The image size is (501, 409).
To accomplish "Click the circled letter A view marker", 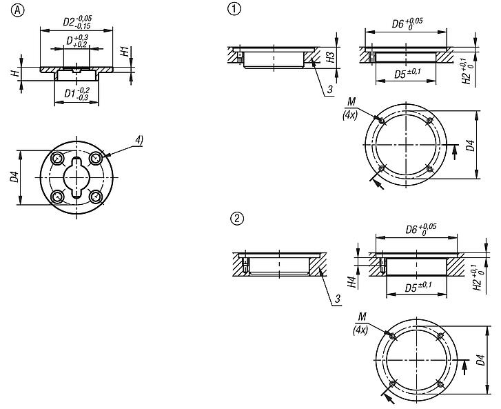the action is (x=18, y=10).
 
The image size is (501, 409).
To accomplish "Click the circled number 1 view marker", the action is (x=234, y=9).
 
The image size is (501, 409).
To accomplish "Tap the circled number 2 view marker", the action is (x=237, y=219).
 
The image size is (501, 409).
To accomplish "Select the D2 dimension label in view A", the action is (x=77, y=22).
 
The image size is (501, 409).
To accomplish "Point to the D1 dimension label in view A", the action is (x=77, y=94).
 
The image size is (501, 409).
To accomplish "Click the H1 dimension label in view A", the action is (x=125, y=52).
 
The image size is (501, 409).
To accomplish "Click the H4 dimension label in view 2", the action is (x=351, y=282).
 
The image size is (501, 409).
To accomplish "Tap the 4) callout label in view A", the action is (x=139, y=140).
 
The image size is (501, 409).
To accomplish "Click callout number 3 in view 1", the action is (x=329, y=89).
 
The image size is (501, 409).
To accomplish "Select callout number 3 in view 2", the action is (x=338, y=299).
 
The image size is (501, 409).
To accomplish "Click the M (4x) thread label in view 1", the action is (x=351, y=108).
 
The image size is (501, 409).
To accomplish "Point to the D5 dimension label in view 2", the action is (x=418, y=287).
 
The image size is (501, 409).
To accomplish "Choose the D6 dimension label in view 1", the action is (x=407, y=24).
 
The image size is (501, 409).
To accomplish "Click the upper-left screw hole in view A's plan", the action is (x=58, y=158).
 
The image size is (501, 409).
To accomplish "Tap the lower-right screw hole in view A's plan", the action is (x=95, y=197).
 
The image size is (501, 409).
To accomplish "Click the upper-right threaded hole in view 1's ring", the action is (x=430, y=121).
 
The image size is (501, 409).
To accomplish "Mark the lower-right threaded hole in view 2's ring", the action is (x=440, y=383).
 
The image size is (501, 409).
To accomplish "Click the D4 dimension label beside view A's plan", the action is (x=14, y=177).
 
